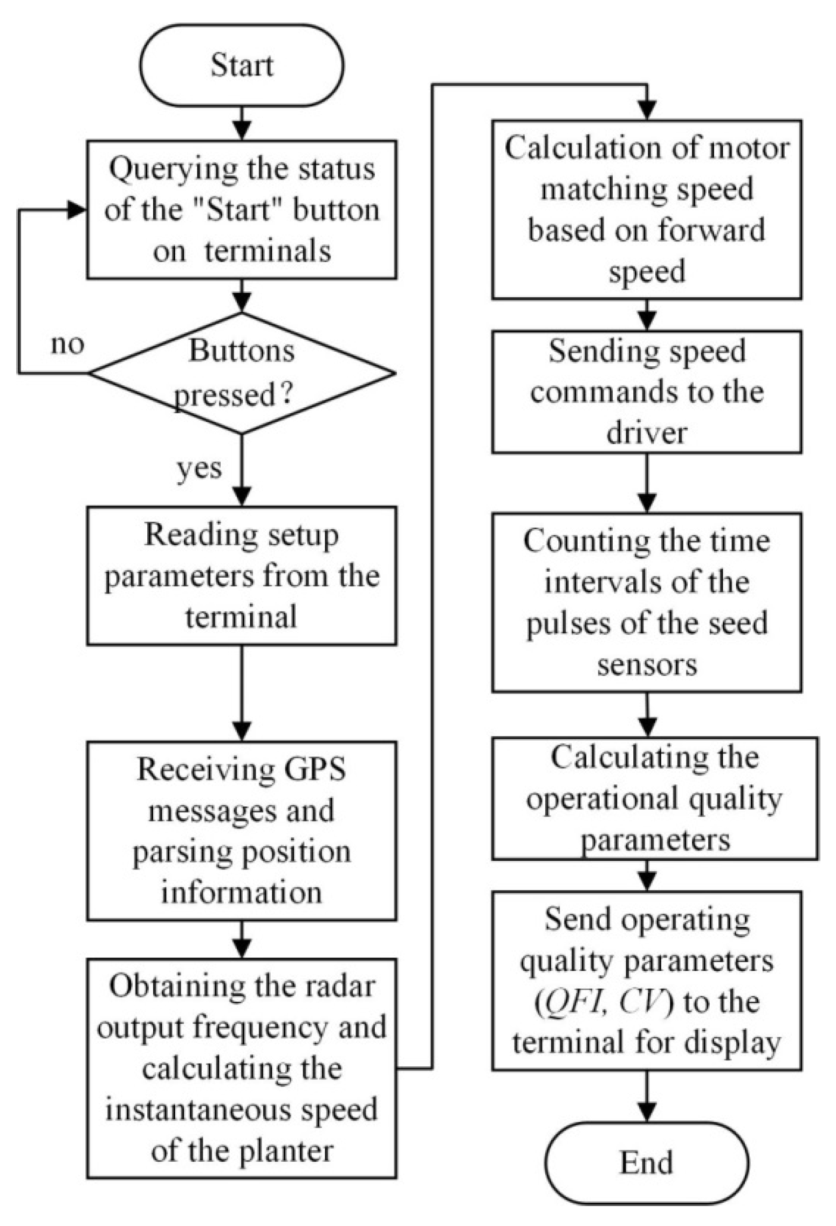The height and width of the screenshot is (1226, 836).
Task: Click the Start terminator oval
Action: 241,65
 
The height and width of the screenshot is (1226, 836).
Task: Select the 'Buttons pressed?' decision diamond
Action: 241,373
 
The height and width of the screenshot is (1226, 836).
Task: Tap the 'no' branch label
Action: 67,344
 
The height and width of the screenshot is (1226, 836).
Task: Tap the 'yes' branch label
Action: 199,468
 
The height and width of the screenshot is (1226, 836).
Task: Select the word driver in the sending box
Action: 646,433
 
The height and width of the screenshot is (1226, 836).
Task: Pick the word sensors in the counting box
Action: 646,665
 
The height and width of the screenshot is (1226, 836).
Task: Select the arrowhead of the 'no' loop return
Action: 77,210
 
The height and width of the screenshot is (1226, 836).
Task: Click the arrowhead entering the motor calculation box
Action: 646,110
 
